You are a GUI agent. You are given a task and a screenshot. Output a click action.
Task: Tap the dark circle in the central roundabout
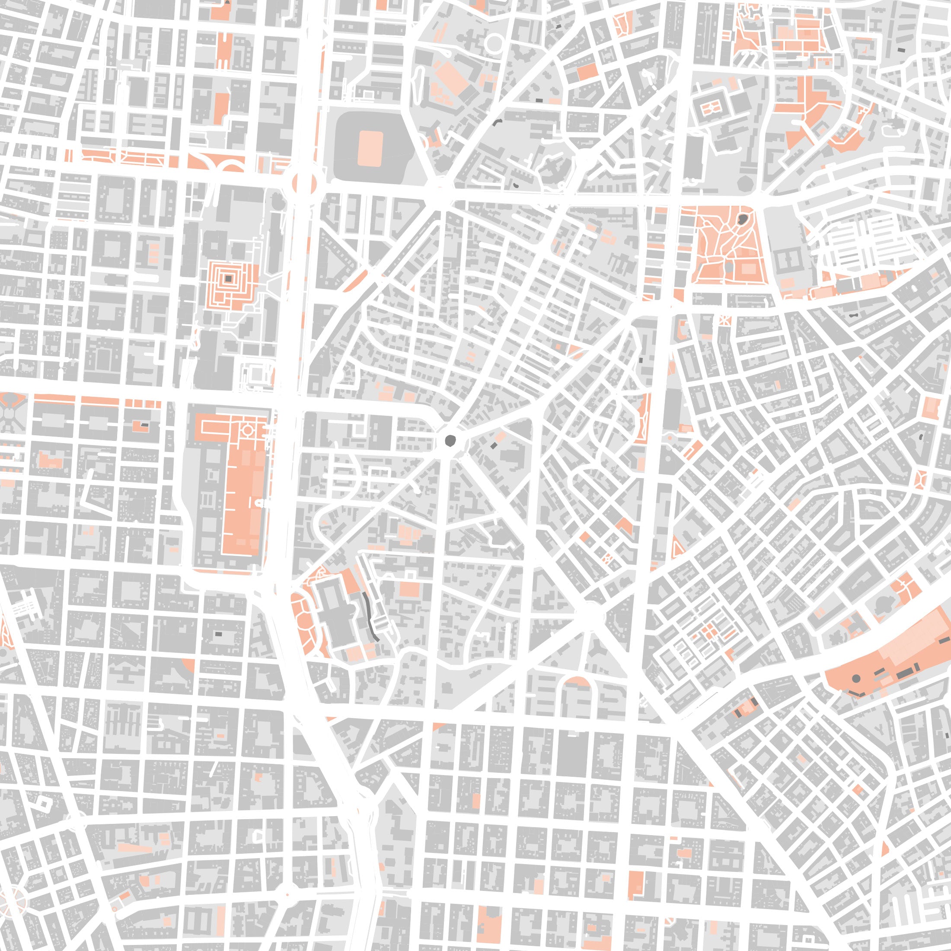(x=450, y=440)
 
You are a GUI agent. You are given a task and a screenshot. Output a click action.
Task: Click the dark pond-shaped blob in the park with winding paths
(x=742, y=219)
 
